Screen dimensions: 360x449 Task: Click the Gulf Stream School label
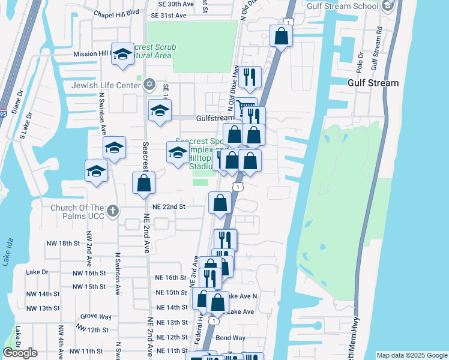343,6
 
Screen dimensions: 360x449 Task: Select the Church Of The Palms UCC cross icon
113,211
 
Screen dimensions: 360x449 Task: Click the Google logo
20,353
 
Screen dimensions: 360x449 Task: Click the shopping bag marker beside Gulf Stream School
280,37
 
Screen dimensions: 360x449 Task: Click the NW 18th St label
63,243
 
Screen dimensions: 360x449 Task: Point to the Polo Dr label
360,62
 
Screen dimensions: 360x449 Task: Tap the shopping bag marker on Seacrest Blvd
143,184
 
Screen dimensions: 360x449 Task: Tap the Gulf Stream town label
373,83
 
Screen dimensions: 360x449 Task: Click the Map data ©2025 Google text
411,355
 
